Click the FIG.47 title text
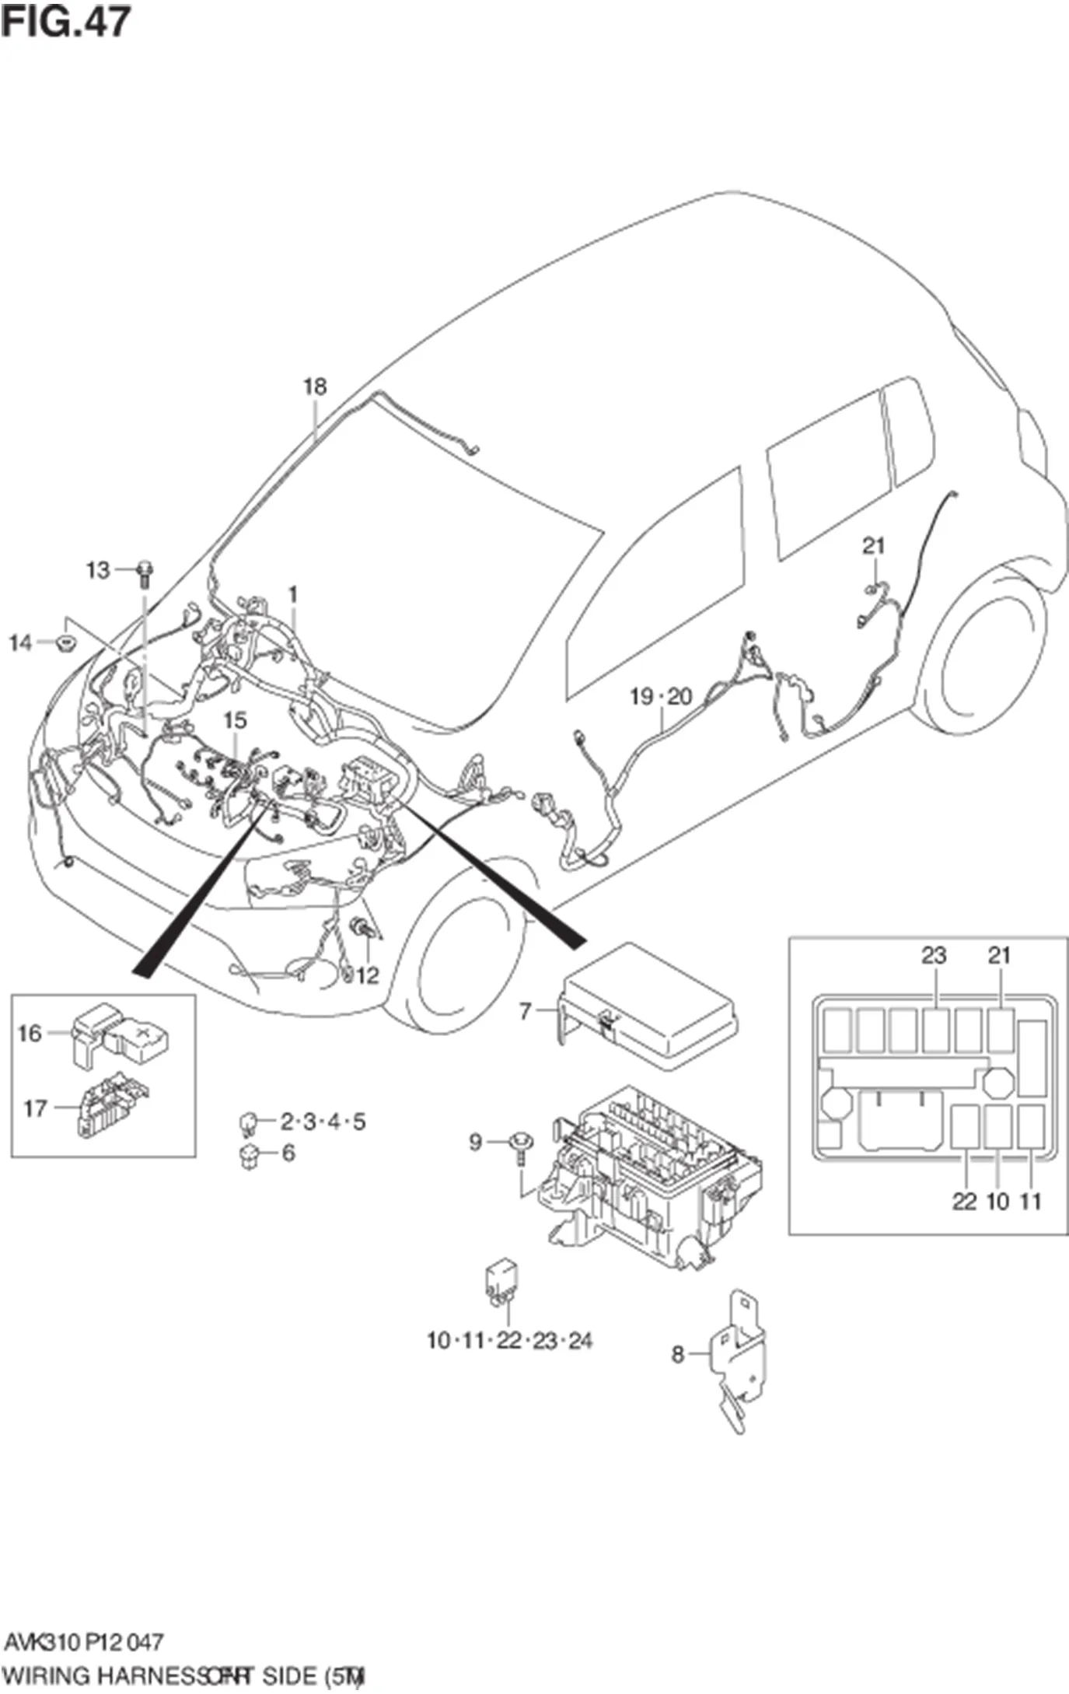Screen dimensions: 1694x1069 point(65,21)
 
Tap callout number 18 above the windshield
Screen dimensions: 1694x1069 point(314,387)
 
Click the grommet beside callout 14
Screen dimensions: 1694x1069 point(65,644)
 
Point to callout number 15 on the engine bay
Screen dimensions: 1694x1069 point(234,720)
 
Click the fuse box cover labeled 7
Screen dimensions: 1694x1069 point(649,1003)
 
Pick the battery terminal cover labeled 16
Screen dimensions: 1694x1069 point(121,1035)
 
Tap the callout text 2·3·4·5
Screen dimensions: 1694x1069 point(323,1122)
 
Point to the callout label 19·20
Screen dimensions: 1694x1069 point(660,696)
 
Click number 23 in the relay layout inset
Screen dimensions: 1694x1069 point(934,955)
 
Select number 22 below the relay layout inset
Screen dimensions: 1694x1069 point(964,1201)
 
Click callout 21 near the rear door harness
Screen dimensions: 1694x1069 point(873,546)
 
